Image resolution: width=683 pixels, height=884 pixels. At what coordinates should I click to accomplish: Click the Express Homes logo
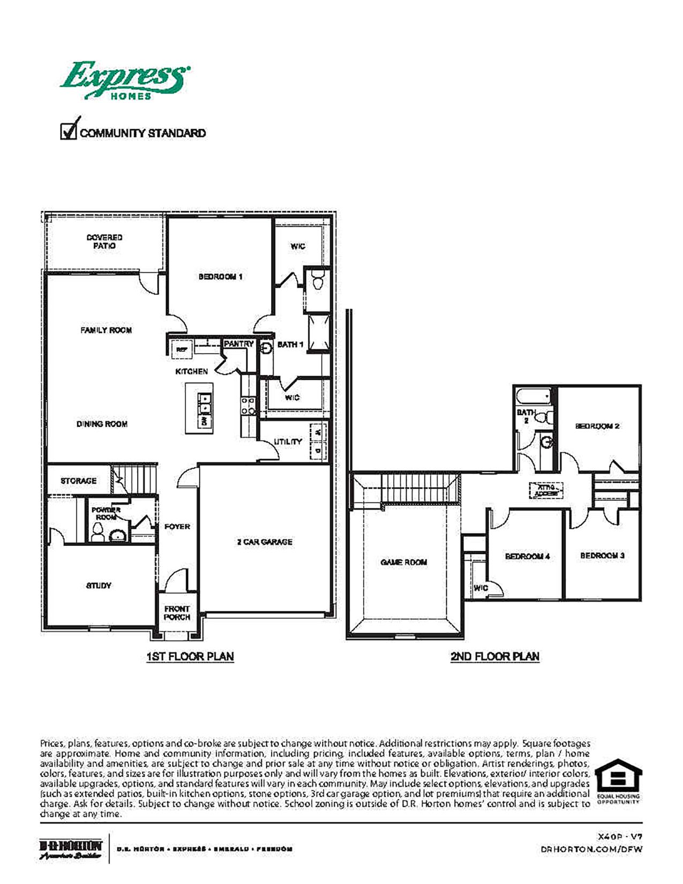[124, 80]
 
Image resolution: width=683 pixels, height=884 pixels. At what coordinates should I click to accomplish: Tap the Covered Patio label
[104, 242]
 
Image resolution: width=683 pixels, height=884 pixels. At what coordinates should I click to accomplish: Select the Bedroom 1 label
[220, 277]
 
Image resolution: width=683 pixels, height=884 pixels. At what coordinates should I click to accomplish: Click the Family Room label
[106, 331]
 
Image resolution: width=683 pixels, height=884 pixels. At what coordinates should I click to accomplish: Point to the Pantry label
[238, 344]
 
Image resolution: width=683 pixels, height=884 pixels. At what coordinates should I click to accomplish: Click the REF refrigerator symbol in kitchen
[182, 349]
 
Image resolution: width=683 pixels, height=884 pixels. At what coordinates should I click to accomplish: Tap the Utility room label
[288, 441]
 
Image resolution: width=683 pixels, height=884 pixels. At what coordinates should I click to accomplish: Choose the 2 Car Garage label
[265, 542]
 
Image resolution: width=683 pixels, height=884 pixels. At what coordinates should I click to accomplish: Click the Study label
[99, 586]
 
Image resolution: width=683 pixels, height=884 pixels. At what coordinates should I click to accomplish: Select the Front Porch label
[177, 613]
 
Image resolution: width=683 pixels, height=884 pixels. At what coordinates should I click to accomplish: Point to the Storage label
[78, 481]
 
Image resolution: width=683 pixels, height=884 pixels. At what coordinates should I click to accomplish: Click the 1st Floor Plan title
[190, 656]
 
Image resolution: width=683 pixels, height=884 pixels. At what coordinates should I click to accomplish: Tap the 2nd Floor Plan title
[494, 656]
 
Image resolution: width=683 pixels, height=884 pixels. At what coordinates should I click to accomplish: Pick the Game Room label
[403, 563]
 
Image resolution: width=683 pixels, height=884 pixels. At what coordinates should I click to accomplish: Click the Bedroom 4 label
[527, 557]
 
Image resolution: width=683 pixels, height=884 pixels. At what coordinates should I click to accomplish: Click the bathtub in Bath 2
[534, 397]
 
